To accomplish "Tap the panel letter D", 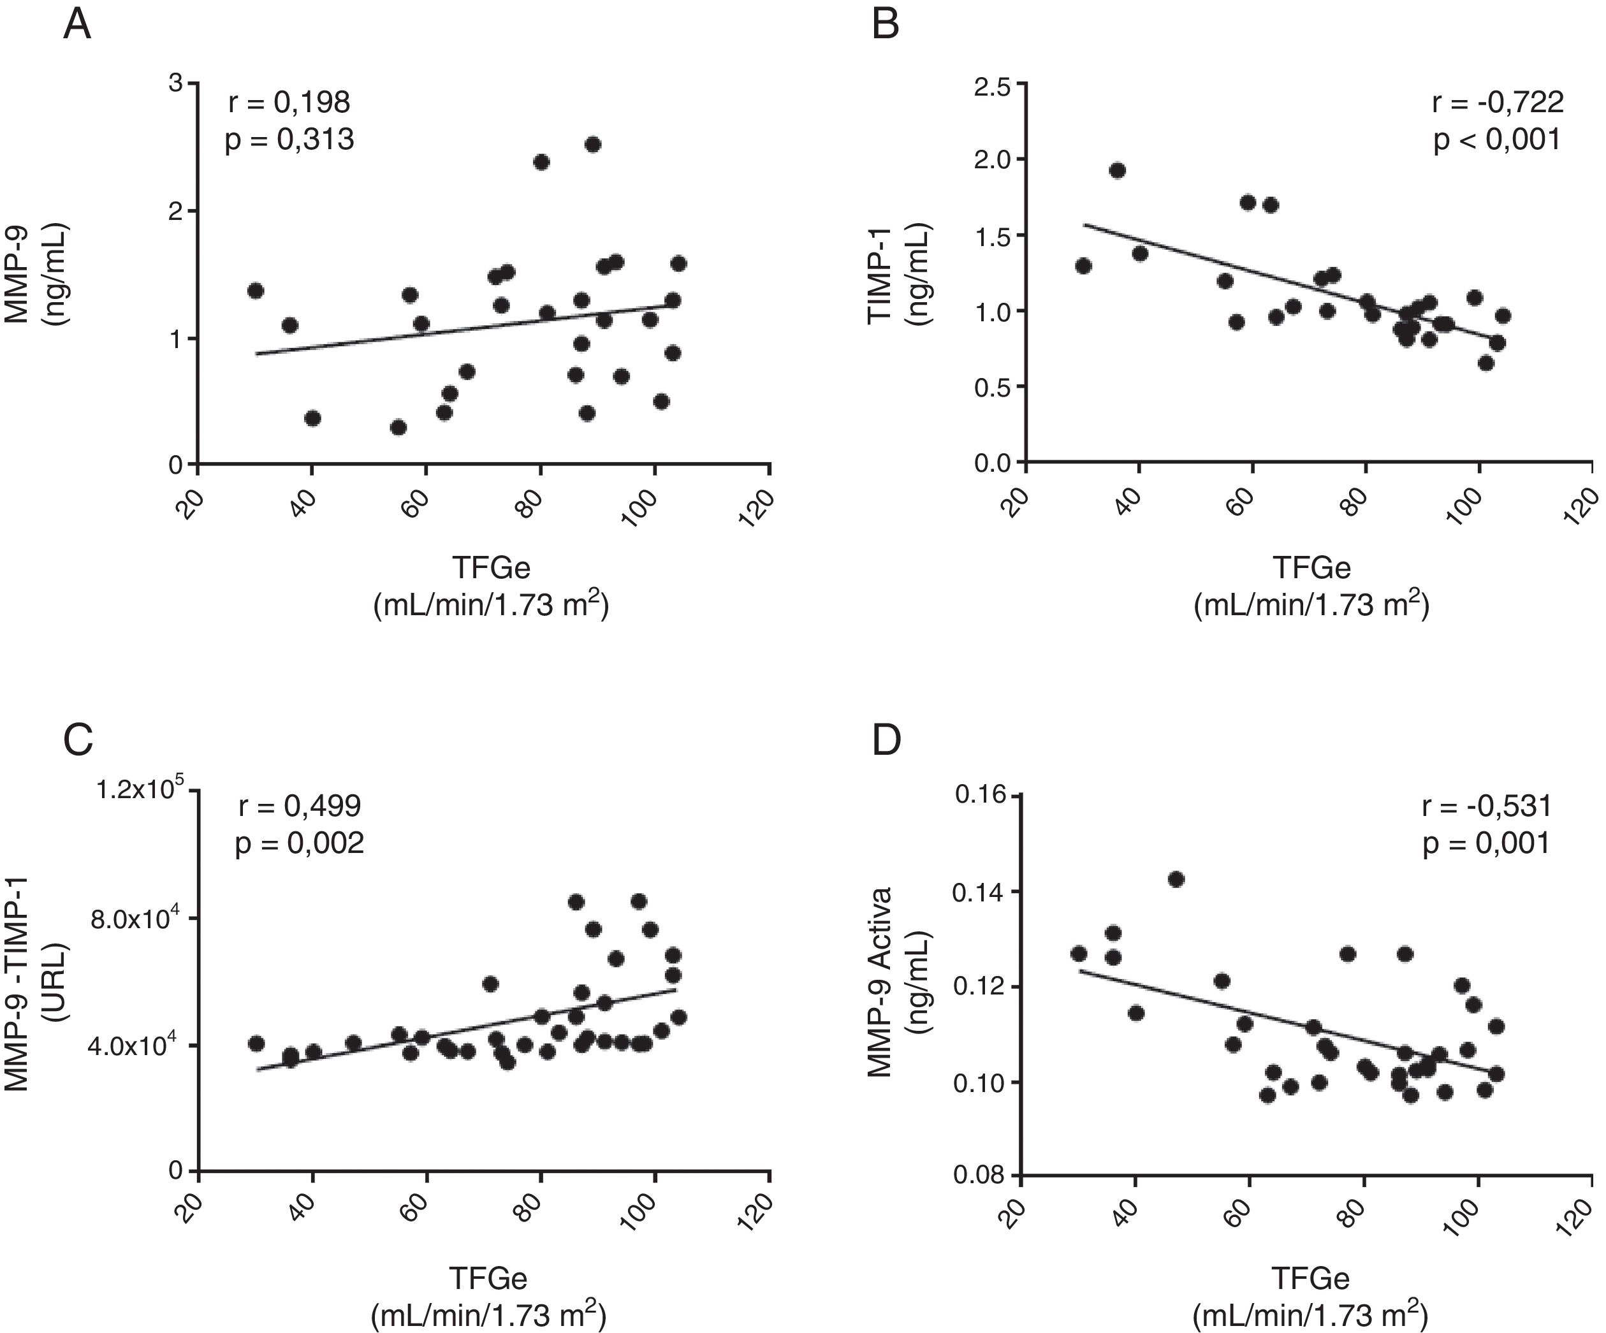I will click(887, 740).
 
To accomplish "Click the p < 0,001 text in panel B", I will click(1496, 140).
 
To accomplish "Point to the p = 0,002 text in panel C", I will click(299, 843).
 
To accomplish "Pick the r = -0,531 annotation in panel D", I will click(1487, 806).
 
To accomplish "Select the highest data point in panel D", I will click(1176, 880).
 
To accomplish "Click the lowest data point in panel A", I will click(398, 426).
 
